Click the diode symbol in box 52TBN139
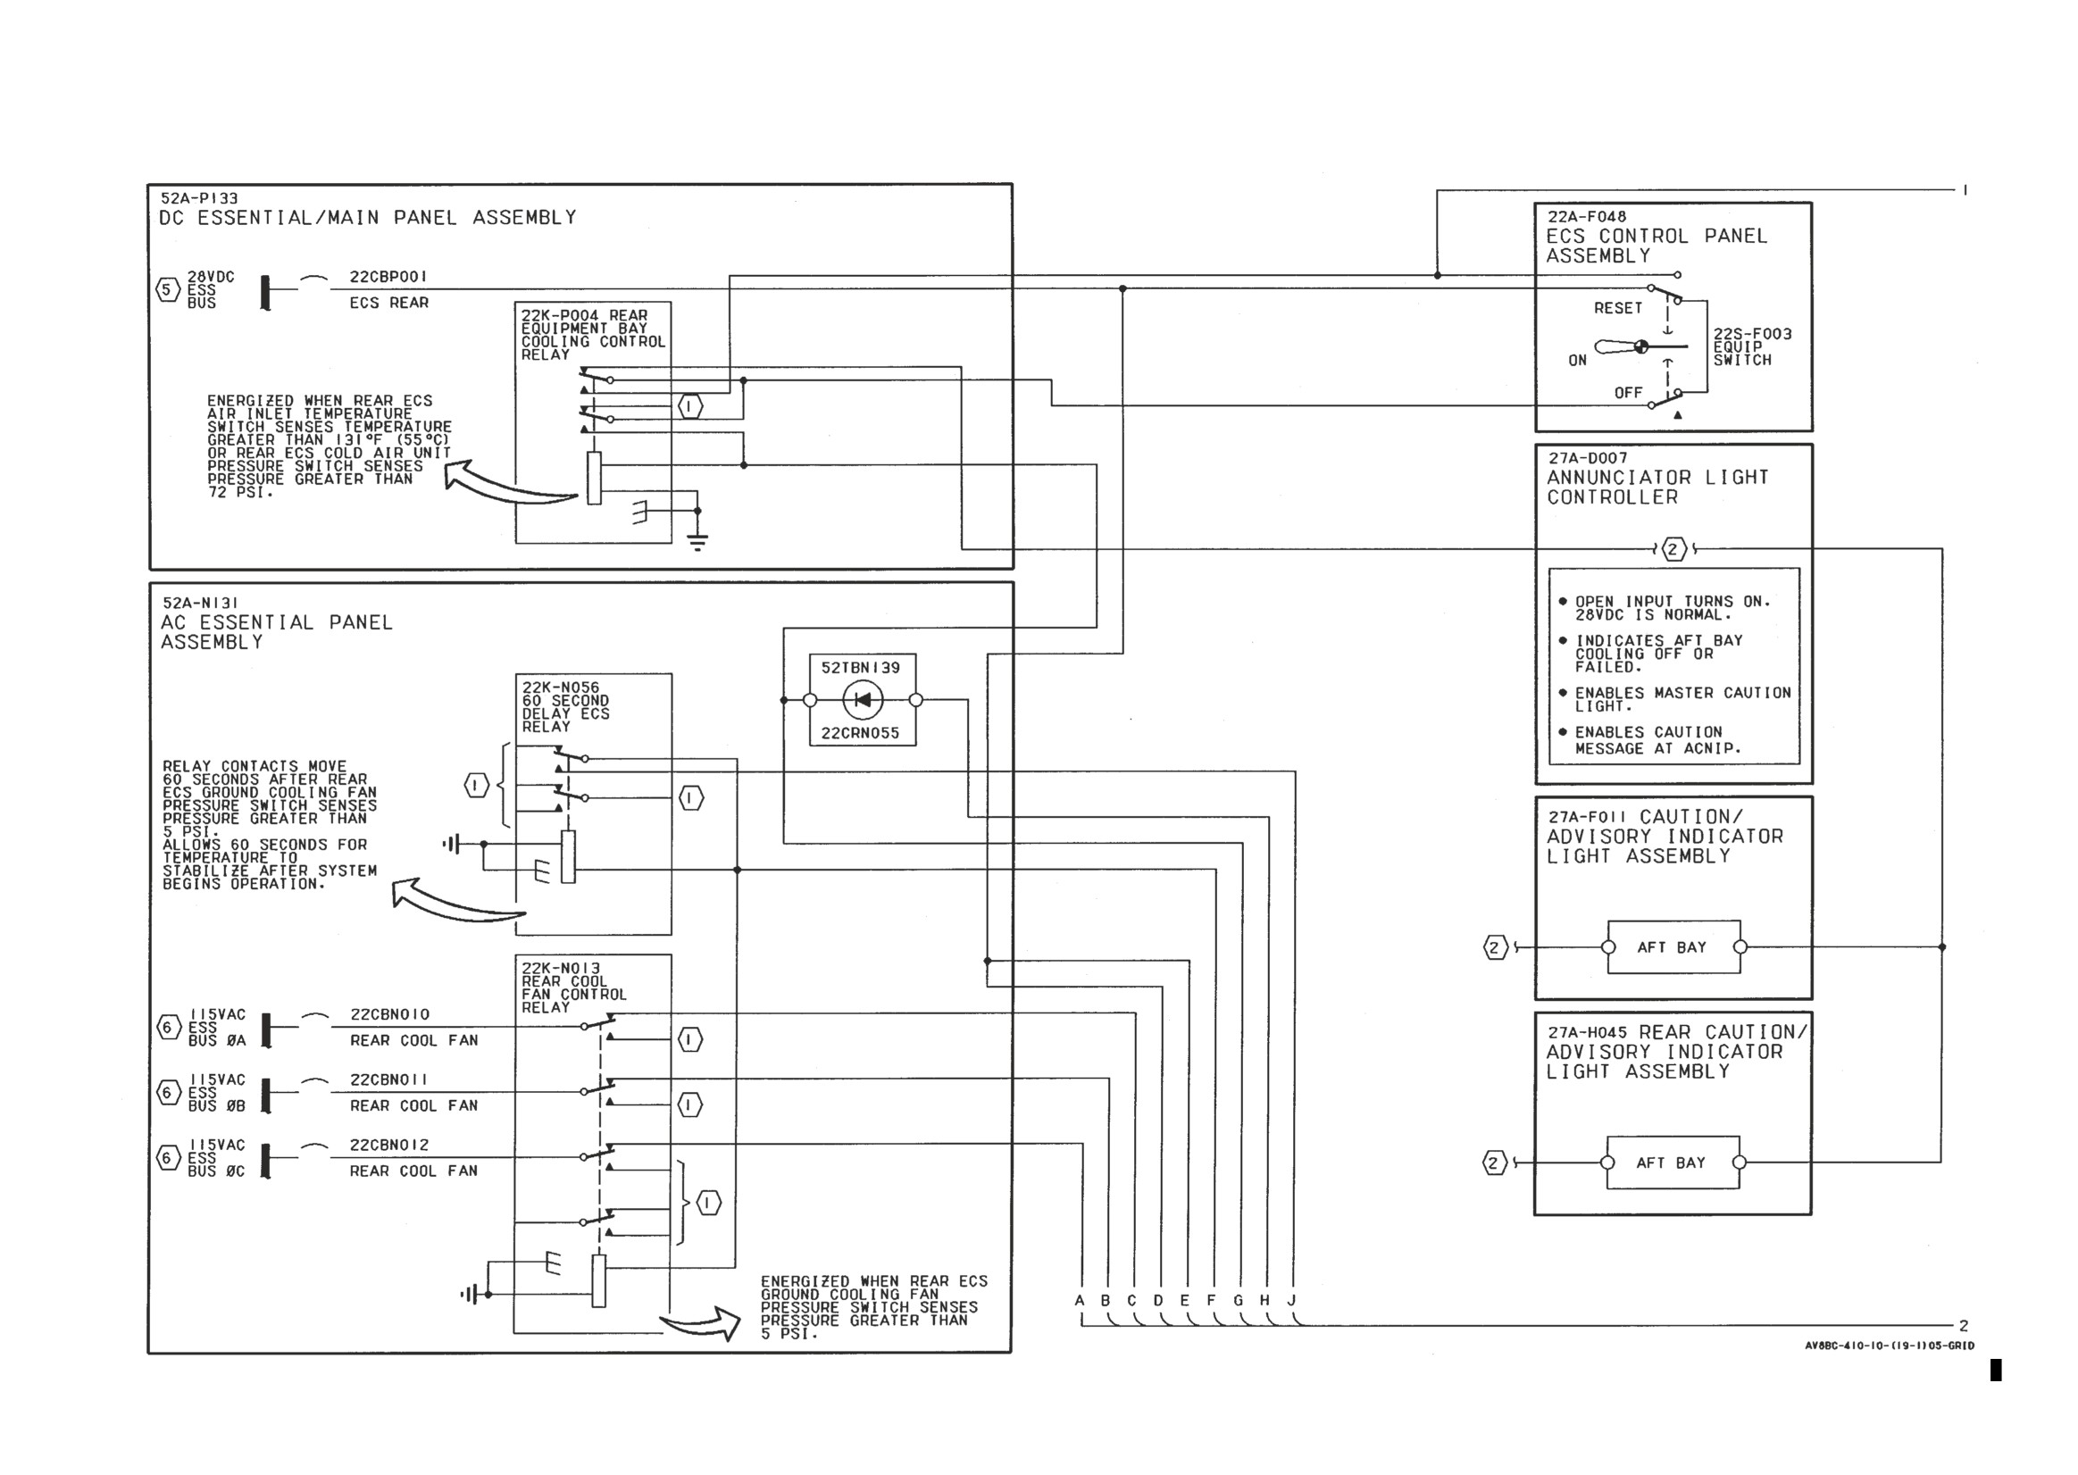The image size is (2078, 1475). (x=862, y=699)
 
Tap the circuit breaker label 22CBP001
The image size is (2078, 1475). (x=388, y=276)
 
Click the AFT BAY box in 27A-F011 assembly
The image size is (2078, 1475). (x=1673, y=947)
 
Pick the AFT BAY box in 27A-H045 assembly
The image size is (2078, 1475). (x=1673, y=1162)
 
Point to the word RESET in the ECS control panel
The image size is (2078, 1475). (x=1617, y=308)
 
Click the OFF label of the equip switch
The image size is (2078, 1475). (x=1628, y=392)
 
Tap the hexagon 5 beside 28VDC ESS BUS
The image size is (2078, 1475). (x=166, y=289)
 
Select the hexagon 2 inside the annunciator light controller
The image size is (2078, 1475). (x=1673, y=548)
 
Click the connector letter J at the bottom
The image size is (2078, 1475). (x=1291, y=1300)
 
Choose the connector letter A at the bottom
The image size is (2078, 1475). (x=1080, y=1300)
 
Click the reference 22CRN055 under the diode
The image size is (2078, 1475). (x=860, y=733)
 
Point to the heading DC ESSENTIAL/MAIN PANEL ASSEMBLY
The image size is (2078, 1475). (x=368, y=217)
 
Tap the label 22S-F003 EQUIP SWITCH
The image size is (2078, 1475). (x=1752, y=347)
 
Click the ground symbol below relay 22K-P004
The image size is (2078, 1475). (x=697, y=542)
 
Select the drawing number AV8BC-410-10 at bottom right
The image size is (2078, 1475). (x=1889, y=1346)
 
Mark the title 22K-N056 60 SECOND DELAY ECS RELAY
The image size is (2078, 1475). (x=565, y=706)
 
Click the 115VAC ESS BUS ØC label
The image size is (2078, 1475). (x=216, y=1158)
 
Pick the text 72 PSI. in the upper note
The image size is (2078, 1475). (x=239, y=492)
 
